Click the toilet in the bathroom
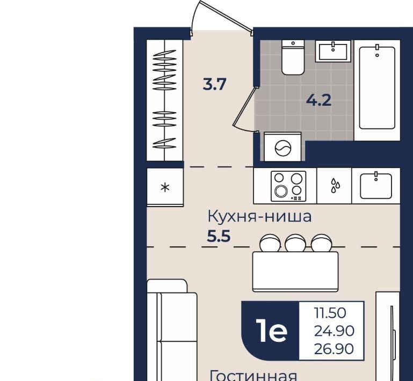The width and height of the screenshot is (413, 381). tap(293, 57)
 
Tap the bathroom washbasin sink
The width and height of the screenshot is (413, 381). tap(333, 51)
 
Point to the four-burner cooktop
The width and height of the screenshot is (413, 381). tap(289, 186)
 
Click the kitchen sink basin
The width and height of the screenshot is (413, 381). tap(376, 186)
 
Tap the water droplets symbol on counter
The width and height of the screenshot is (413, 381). tap(335, 185)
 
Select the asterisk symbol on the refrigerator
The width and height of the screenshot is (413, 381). tap(165, 187)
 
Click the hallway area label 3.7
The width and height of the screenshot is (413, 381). tap(215, 85)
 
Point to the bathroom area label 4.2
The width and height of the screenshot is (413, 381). tap(319, 100)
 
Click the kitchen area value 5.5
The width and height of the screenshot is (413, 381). tap(219, 236)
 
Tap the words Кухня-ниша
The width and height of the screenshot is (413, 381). tap(260, 217)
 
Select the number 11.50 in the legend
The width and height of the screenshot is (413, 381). tap(330, 313)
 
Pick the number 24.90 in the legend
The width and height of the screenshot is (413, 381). tap(334, 331)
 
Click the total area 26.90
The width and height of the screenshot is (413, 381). tap(334, 349)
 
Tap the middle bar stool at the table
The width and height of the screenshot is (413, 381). tap(295, 243)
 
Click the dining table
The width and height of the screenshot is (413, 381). tap(295, 272)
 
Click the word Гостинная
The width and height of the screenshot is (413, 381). tap(253, 376)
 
